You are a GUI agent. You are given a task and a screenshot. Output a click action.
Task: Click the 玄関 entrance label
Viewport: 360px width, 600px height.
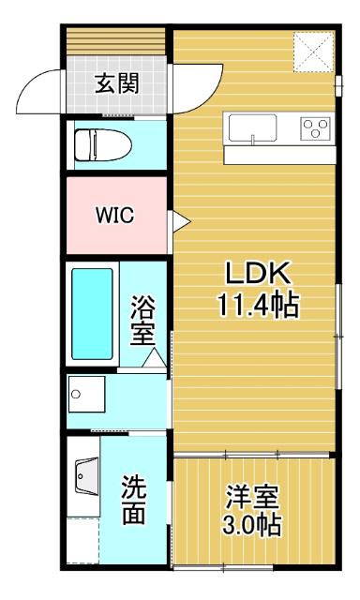[116, 83]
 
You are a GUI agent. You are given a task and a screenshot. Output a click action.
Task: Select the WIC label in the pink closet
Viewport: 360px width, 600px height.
[113, 214]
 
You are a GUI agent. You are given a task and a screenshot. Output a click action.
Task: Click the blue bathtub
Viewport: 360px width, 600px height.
[92, 314]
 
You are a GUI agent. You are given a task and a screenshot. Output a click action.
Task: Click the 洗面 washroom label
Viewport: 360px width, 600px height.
[134, 499]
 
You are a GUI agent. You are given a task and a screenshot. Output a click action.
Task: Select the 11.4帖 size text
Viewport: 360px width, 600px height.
[259, 305]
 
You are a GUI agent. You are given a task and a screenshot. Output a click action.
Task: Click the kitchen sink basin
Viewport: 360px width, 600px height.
[252, 127]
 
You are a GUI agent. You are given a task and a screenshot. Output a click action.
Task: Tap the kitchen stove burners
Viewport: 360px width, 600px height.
[314, 127]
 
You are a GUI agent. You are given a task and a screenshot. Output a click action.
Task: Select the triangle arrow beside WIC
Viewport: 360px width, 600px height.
[179, 220]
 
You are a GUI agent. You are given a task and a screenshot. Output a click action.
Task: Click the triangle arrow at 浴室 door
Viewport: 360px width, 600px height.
[156, 358]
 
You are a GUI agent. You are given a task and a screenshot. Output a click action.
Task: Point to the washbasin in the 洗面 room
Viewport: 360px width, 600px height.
[86, 481]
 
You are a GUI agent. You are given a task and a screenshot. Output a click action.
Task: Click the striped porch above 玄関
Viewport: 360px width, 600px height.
[116, 43]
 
